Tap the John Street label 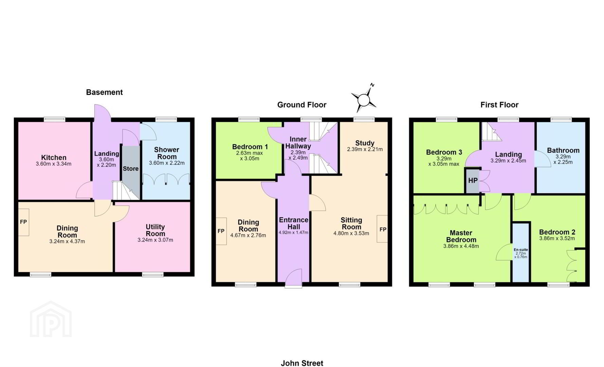click(302, 363)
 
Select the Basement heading click(104, 92)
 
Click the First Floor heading click(499, 105)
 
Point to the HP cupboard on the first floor click(473, 181)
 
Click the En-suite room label click(520, 250)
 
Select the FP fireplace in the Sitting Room click(382, 229)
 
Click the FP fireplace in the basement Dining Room click(23, 222)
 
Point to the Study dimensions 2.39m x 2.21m click(365, 149)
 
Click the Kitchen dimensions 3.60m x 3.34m click(54, 164)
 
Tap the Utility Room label click(155, 230)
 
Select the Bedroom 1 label click(250, 147)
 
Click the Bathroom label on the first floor click(563, 150)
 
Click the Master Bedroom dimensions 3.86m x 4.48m click(461, 246)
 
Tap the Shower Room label click(167, 153)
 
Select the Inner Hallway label click(298, 142)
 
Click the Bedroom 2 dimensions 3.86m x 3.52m click(557, 239)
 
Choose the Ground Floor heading click(301, 105)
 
